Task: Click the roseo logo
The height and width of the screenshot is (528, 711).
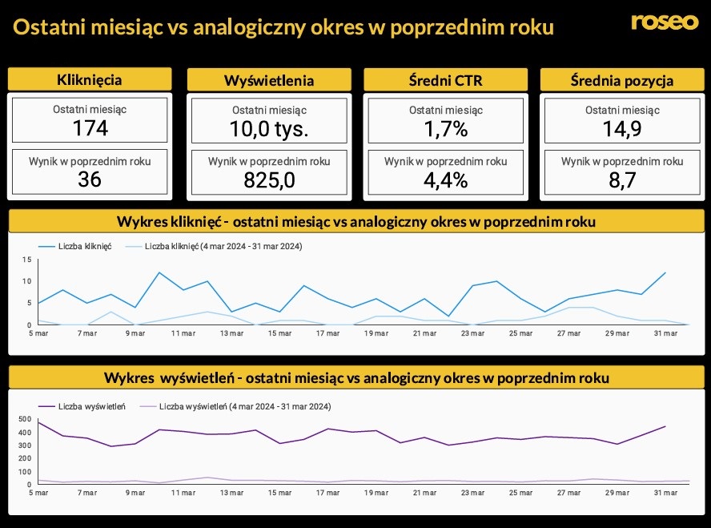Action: point(664,22)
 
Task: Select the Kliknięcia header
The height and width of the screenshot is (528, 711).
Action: point(90,79)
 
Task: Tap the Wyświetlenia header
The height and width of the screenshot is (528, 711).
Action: point(269,80)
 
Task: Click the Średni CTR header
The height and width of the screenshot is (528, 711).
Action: point(445,80)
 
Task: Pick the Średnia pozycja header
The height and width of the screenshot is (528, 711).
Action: point(622,80)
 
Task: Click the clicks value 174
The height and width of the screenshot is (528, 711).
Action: point(90,128)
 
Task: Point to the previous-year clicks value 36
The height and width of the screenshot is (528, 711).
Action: point(90,179)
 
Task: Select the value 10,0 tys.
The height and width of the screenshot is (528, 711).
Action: point(269,130)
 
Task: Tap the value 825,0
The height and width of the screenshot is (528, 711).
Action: point(269,180)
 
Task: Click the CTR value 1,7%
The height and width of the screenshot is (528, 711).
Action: point(445,129)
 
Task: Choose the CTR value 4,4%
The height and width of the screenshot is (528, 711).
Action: point(445,180)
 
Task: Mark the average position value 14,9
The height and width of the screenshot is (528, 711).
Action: point(622,129)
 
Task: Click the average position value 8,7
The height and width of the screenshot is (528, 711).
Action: point(622,180)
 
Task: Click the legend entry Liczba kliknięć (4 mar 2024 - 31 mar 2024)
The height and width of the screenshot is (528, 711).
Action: point(223,246)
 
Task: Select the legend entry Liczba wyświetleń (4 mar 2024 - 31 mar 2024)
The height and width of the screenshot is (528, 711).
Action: point(245,406)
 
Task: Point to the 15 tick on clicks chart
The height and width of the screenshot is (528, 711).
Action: point(26,260)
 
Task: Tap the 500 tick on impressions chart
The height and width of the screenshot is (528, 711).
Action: point(23,419)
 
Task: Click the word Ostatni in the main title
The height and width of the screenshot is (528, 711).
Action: point(46,28)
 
